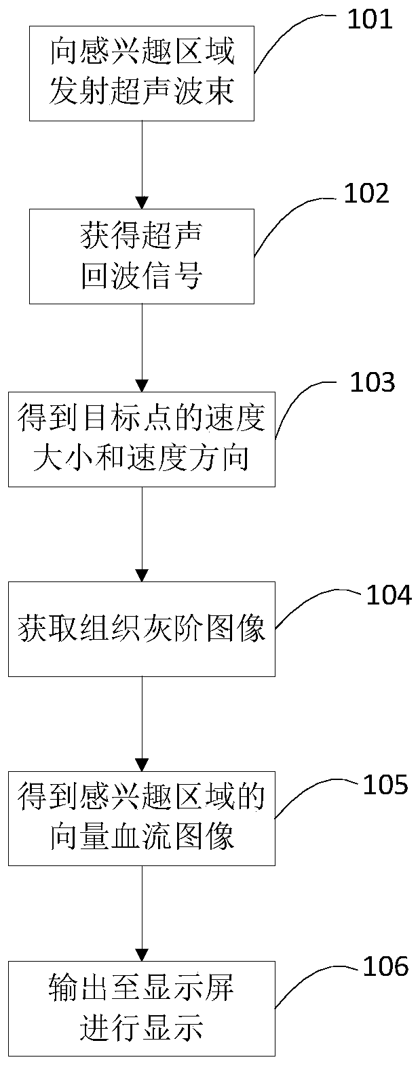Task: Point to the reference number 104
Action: point(389,594)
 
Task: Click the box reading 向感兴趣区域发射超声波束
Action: point(142,73)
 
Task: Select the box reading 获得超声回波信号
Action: point(142,256)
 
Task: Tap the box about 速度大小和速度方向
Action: point(142,439)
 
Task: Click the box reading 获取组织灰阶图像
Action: point(142,629)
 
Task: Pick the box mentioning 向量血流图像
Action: point(142,819)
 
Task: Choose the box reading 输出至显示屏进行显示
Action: point(142,1008)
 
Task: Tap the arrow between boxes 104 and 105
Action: point(142,724)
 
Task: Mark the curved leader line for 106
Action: point(305,983)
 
